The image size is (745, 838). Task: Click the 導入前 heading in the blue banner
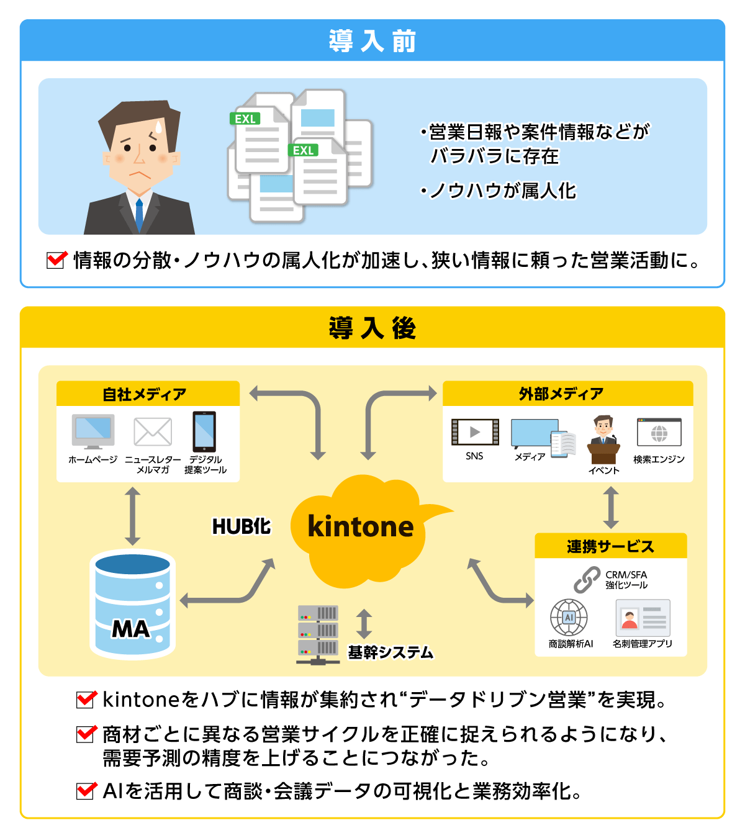372,41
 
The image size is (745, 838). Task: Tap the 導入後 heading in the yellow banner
372,328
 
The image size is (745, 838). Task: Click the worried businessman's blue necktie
139,214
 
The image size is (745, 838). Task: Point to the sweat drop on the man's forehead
158,127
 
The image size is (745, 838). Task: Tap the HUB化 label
242,526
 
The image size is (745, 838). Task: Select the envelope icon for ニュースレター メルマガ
153,431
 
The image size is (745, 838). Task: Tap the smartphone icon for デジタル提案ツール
204,431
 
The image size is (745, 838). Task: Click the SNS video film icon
475,432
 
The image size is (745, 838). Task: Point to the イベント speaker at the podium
603,439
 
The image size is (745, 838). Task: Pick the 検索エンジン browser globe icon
659,433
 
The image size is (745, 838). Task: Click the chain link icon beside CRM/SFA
587,580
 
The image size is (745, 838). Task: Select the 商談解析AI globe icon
569,618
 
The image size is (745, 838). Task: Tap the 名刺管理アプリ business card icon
643,618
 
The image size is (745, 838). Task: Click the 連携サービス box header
610,546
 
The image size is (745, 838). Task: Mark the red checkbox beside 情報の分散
56,259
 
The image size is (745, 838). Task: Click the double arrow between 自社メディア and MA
132,516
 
